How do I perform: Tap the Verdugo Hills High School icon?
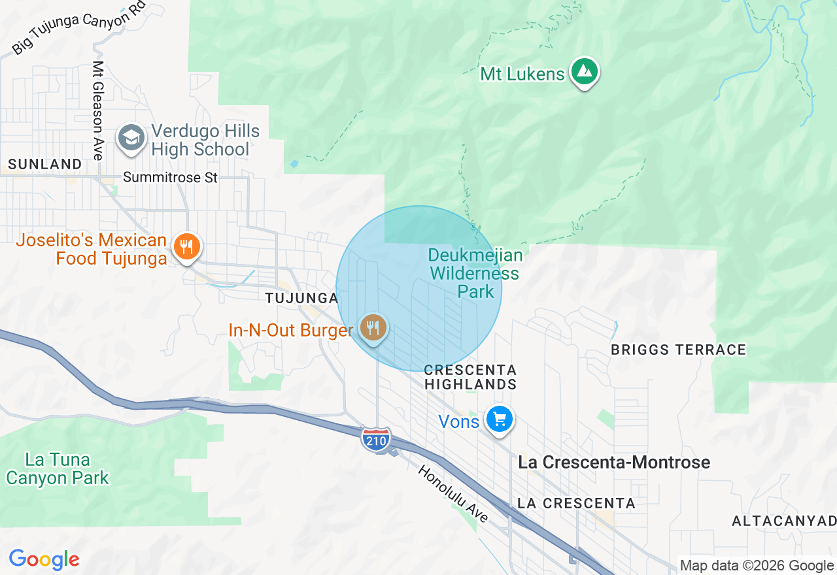[131, 138]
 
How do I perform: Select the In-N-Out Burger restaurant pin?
[373, 327]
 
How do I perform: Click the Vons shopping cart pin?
[500, 419]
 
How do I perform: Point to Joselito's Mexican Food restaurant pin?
[187, 247]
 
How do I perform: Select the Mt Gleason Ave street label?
[98, 110]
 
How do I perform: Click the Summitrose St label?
[170, 177]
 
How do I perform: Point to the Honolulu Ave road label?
[453, 493]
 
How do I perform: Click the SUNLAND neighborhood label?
[46, 164]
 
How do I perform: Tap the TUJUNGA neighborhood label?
[301, 298]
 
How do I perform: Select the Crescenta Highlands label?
[471, 377]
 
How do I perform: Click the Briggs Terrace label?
[678, 350]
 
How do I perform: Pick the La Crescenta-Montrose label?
[614, 463]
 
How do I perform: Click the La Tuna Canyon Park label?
[58, 468]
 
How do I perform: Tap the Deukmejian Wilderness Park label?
[475, 272]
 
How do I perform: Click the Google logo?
[44, 560]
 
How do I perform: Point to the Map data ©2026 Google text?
[757, 566]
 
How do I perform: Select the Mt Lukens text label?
[522, 74]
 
